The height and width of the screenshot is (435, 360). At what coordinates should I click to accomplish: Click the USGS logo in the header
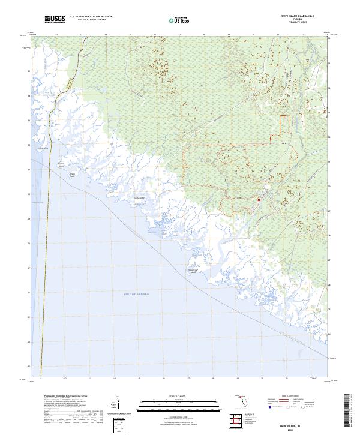point(55,20)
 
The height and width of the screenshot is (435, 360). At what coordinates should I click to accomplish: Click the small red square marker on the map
point(258,200)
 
